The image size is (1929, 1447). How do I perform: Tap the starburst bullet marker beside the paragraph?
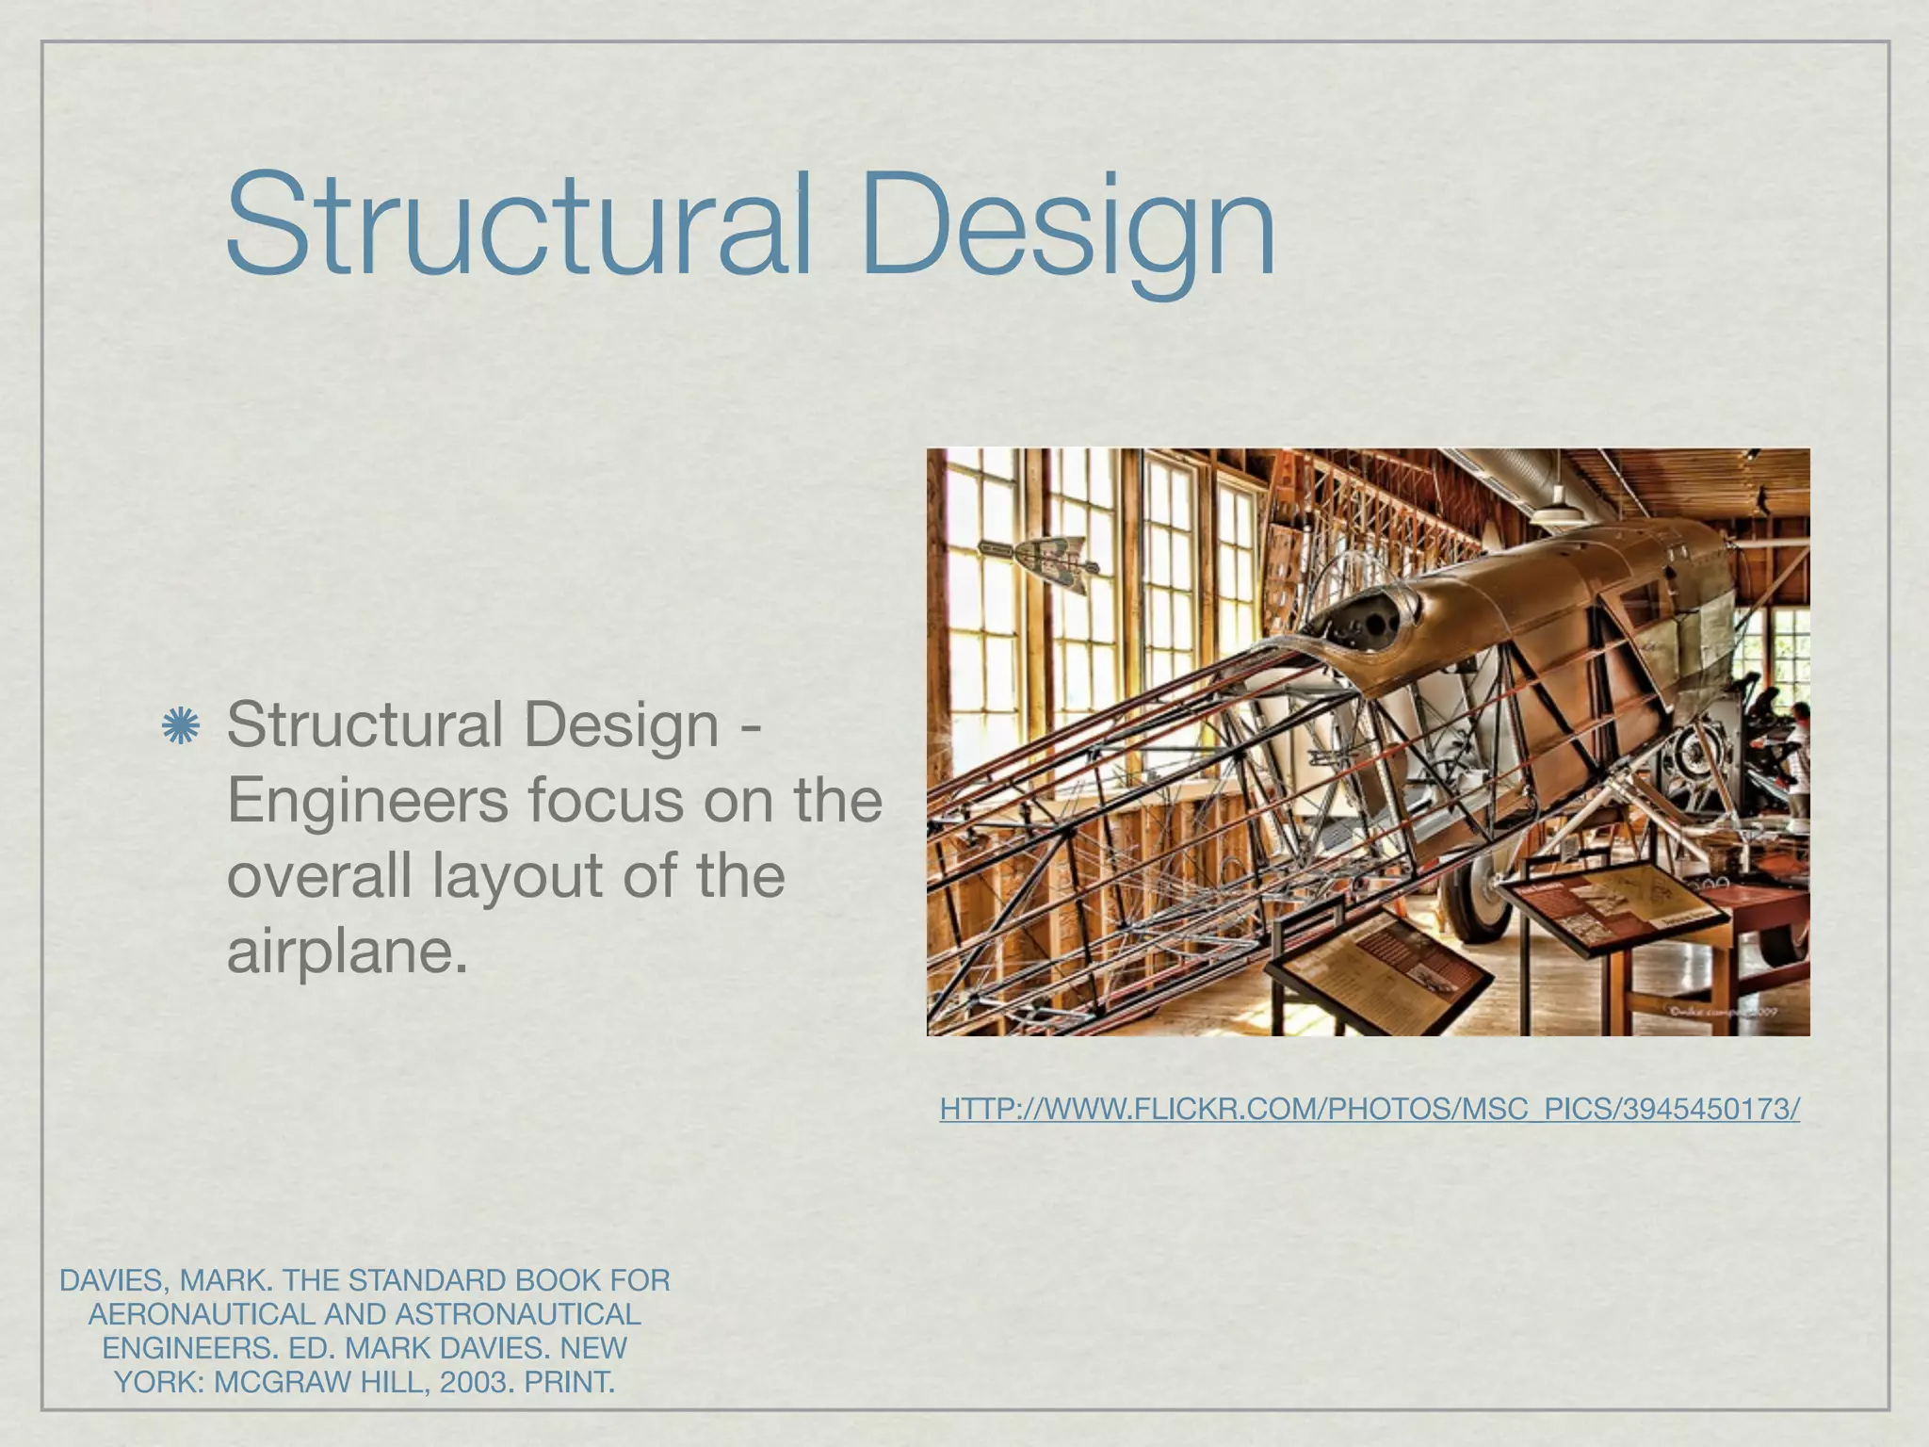180,726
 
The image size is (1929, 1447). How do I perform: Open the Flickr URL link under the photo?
1369,1109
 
